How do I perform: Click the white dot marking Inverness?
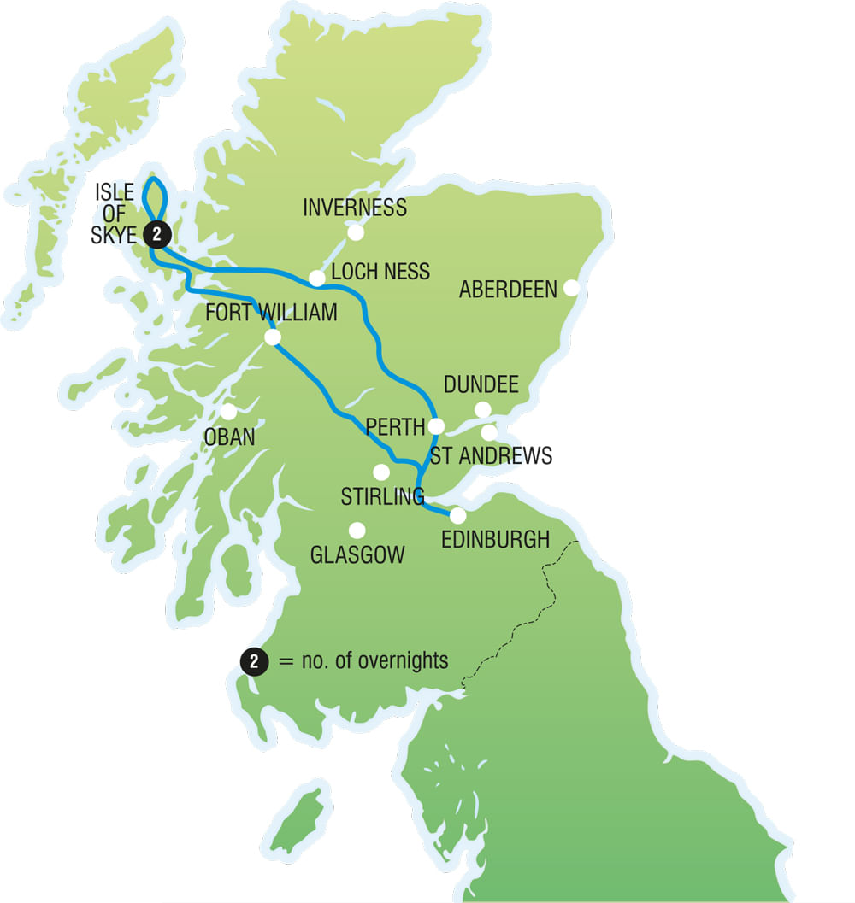click(355, 232)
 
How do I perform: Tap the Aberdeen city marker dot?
click(571, 288)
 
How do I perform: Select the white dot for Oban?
click(228, 412)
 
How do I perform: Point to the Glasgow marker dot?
click(357, 531)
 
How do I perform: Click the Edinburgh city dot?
click(458, 516)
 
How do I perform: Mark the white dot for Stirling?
click(381, 472)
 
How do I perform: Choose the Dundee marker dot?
click(483, 410)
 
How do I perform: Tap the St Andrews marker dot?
click(489, 432)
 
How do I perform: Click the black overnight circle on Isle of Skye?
click(156, 232)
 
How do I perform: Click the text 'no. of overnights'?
click(375, 661)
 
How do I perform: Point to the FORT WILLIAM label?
click(271, 313)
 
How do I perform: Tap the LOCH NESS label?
click(380, 272)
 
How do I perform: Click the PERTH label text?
click(394, 427)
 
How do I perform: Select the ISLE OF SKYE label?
click(114, 214)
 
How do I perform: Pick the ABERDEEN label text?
click(508, 290)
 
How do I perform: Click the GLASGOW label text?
click(357, 555)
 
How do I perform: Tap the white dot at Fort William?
click(273, 337)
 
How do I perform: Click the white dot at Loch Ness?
click(316, 278)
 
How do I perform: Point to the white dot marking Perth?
click(437, 425)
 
